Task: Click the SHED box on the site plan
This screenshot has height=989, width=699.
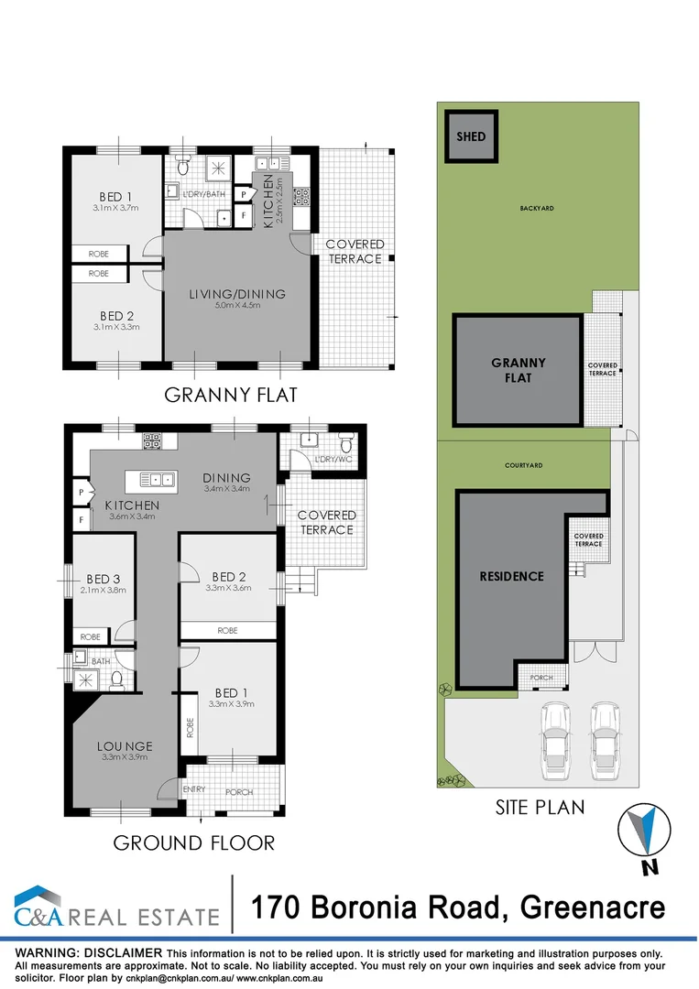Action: coord(471,137)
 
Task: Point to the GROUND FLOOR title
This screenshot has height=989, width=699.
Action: coord(193,842)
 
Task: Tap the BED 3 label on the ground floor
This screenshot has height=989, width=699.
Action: coord(103,579)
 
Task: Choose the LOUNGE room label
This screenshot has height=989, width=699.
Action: coord(125,745)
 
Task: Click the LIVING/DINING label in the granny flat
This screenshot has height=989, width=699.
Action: coord(237,294)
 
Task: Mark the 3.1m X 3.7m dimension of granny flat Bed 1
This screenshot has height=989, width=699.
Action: coord(115,209)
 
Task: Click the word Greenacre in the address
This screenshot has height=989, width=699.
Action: coord(592,907)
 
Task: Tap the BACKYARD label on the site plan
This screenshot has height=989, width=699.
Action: coord(537,208)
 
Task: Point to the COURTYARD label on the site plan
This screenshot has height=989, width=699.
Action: coord(523,465)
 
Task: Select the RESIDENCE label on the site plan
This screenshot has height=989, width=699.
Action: coord(511,576)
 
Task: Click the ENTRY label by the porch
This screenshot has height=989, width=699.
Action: coord(194,790)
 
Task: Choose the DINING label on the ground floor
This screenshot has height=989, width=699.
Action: coord(227,477)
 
